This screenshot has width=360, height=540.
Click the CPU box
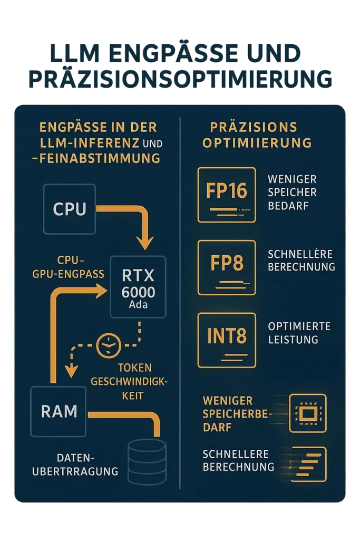tap(69, 209)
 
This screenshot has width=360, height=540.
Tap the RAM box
tap(59, 411)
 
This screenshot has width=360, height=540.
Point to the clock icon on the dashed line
tap(109, 346)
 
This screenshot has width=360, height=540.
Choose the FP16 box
tap(226, 194)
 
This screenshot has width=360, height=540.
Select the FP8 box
tap(226, 267)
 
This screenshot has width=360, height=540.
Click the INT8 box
tap(226, 340)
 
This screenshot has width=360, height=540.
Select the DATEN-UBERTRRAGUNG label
tap(75, 465)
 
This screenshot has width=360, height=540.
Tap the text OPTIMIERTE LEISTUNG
tap(299, 333)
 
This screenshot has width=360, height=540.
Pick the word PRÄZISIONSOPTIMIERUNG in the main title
tap(180, 78)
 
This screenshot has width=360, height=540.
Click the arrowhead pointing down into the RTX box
tap(145, 244)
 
